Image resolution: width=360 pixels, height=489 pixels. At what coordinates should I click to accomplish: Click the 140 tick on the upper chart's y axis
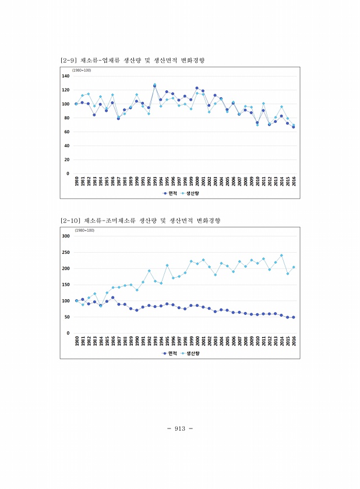[x=66, y=76]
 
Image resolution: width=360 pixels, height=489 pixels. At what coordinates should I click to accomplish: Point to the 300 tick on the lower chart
[x=66, y=236]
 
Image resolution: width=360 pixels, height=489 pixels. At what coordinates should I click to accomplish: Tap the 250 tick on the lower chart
[x=66, y=252]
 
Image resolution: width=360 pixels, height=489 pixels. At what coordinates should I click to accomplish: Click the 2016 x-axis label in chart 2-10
[x=294, y=340]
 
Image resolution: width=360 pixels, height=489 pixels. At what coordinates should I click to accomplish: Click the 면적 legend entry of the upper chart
[x=171, y=193]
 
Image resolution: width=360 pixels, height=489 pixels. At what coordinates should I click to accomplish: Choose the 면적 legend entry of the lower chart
[x=171, y=353]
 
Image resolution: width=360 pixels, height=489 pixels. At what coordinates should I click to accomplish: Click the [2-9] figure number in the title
[x=70, y=61]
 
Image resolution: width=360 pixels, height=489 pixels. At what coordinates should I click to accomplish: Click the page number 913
[x=179, y=428]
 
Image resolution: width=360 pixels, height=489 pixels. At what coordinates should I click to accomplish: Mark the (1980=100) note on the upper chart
[x=82, y=70]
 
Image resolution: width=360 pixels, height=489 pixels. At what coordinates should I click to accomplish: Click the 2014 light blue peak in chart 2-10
[x=281, y=256]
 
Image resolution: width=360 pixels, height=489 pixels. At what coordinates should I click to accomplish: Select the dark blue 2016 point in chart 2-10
[x=294, y=317]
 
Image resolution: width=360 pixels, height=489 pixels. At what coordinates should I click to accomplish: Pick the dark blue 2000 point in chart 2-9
[x=197, y=88]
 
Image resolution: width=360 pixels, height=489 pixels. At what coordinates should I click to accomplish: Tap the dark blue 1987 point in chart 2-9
[x=118, y=118]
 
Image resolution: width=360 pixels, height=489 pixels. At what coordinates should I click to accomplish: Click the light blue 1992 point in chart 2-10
[x=149, y=271]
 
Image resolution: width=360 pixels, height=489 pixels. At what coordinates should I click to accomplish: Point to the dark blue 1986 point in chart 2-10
[x=112, y=297]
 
